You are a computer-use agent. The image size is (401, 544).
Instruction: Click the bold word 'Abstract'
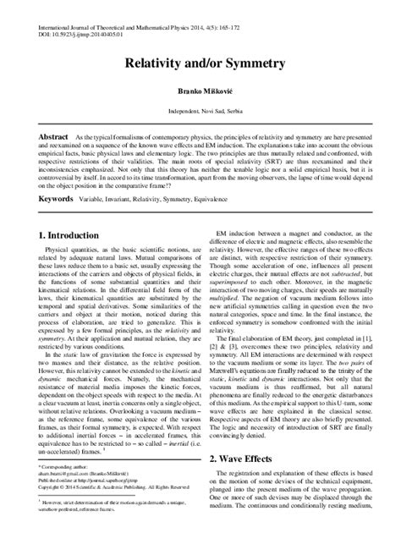coord(55,136)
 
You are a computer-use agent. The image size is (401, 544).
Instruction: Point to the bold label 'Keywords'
coord(57,199)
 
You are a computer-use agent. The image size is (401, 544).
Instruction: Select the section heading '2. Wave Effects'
coord(249,482)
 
